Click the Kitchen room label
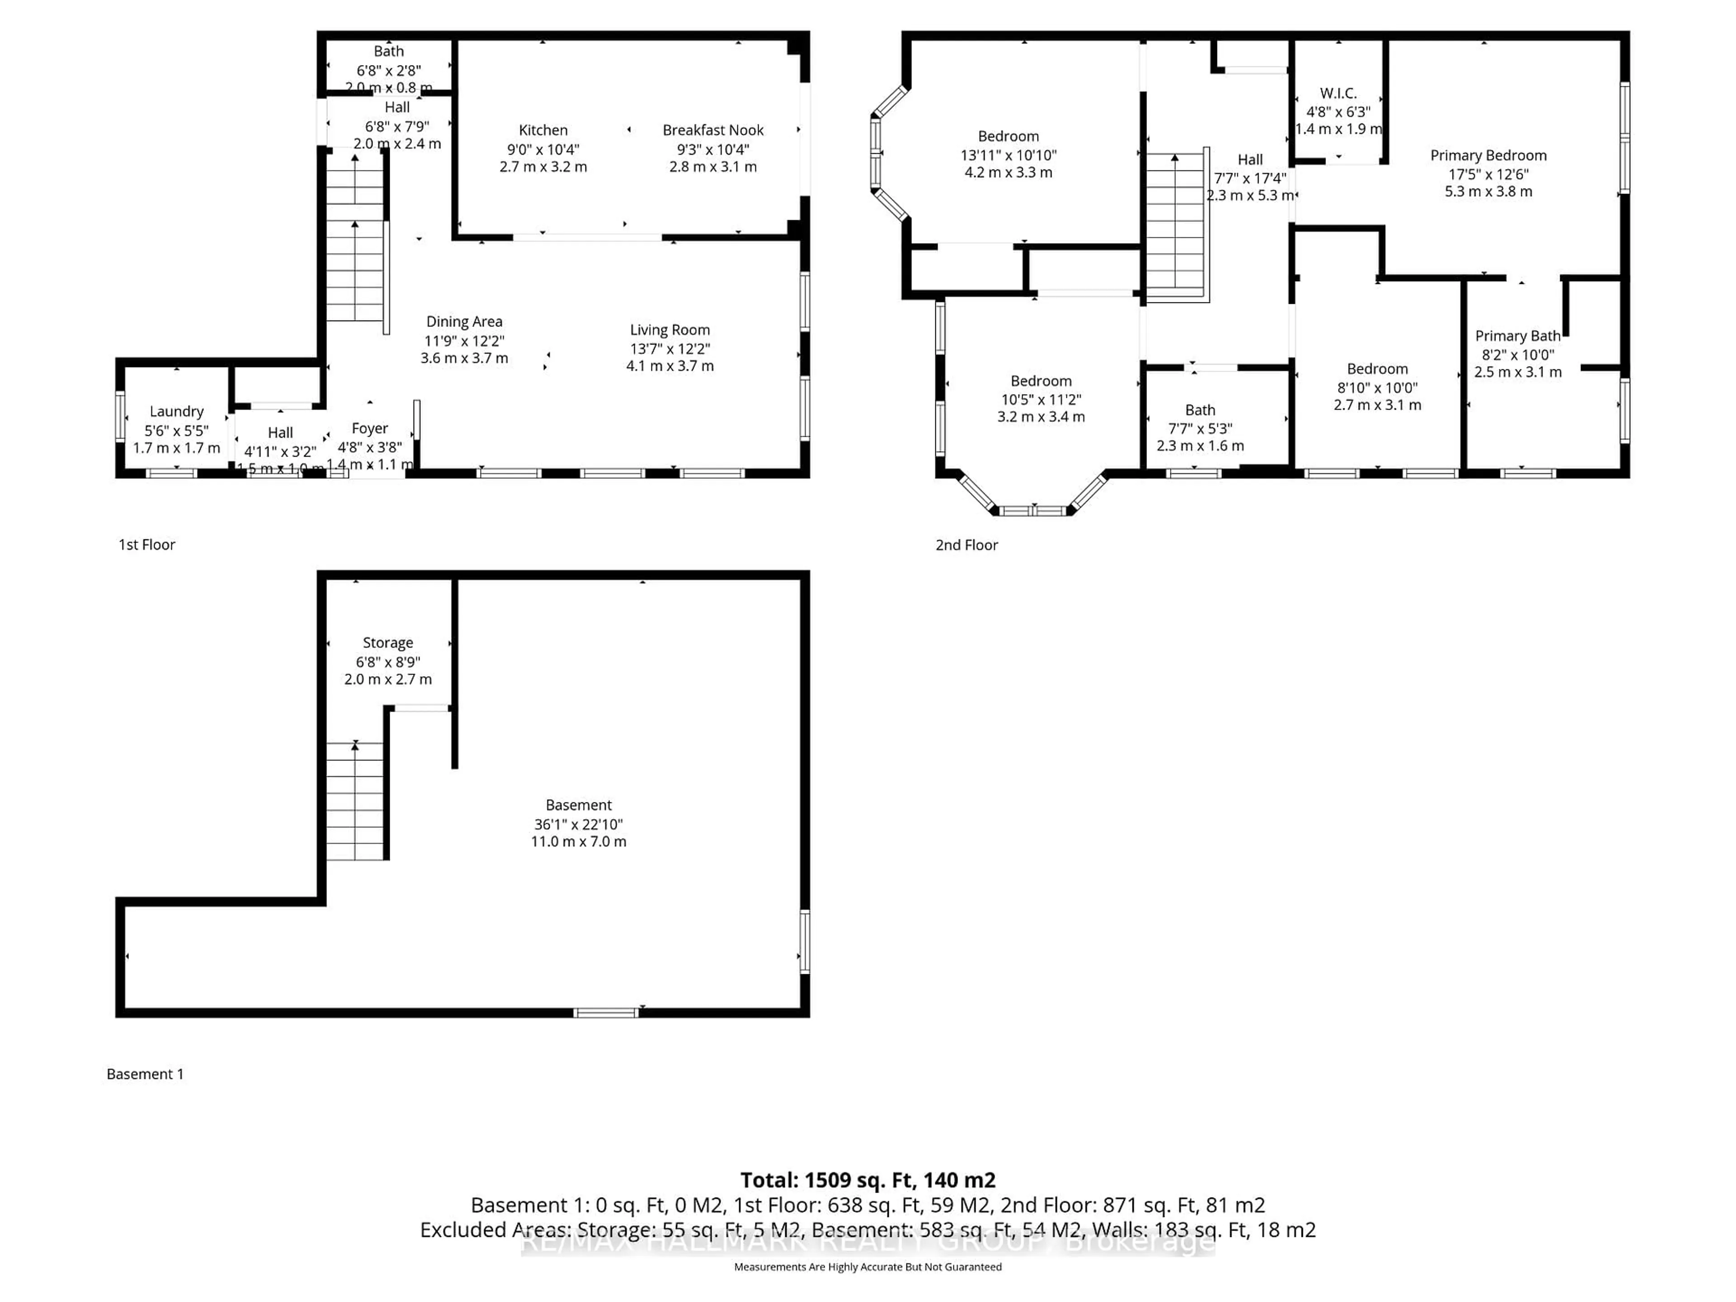[x=542, y=130]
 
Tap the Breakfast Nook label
[x=712, y=130]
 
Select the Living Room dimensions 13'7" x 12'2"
[x=670, y=349]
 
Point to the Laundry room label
[x=177, y=411]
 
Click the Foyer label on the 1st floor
[x=370, y=429]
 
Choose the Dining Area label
[x=464, y=322]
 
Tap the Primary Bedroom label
[x=1488, y=156]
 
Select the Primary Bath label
[x=1517, y=336]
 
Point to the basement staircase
[x=355, y=801]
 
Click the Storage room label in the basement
[x=388, y=643]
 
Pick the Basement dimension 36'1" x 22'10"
[x=578, y=824]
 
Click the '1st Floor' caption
[x=147, y=545]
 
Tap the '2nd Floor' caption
[x=966, y=545]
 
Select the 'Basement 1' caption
[x=145, y=1074]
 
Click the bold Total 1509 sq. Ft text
[x=867, y=1180]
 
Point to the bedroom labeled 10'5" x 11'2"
[x=1041, y=399]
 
